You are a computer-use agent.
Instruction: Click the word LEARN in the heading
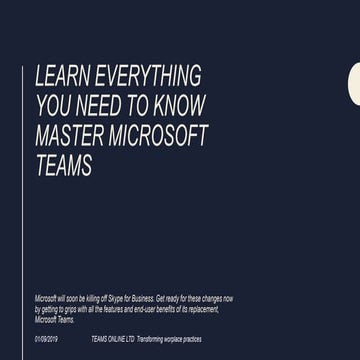click(x=59, y=76)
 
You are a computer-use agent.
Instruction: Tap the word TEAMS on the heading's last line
click(x=63, y=166)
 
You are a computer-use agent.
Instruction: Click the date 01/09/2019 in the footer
click(x=47, y=340)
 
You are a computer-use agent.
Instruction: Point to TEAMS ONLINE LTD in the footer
click(x=111, y=340)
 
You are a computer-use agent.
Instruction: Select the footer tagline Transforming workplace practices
click(x=169, y=340)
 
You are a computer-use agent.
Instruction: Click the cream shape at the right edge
click(x=354, y=83)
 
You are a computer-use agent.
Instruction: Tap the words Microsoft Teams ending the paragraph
click(x=54, y=320)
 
